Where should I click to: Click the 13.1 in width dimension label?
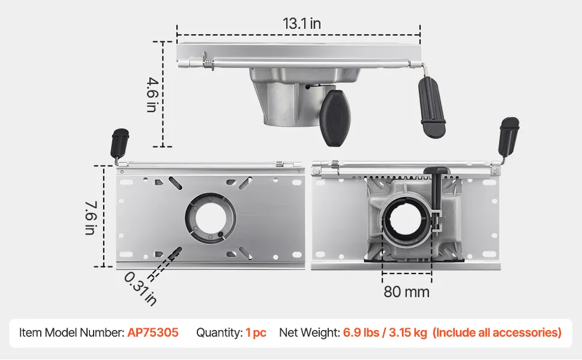pos(301,23)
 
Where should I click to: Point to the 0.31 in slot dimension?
pos(140,289)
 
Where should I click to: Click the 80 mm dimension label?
pos(406,292)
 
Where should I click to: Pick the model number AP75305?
pos(153,332)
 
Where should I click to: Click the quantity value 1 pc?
pos(256,332)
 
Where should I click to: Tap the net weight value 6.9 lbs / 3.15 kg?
pos(385,332)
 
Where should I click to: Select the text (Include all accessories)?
pos(497,332)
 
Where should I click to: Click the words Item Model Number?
pos(71,332)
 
